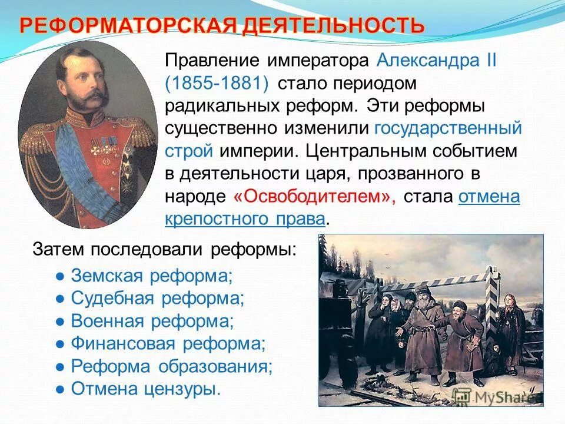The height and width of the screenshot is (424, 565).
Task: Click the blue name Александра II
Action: pos(437,61)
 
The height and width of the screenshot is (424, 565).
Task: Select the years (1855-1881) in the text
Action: pos(218,83)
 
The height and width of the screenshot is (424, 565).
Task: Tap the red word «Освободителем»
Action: pos(314,196)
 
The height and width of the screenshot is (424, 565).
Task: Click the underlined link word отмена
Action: pos(489,196)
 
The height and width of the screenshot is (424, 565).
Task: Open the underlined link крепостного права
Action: pos(245,218)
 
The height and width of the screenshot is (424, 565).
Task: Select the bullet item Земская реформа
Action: pos(152,276)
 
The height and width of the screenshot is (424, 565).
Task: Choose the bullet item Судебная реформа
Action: pos(157,299)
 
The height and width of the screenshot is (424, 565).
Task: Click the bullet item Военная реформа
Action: pos(152,321)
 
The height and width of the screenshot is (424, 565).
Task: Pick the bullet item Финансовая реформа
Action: pos(168,343)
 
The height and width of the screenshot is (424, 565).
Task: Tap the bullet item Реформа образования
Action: pos(172,366)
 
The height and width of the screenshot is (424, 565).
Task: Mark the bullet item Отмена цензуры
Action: pos(145,388)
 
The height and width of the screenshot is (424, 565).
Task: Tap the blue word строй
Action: pos(188,151)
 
